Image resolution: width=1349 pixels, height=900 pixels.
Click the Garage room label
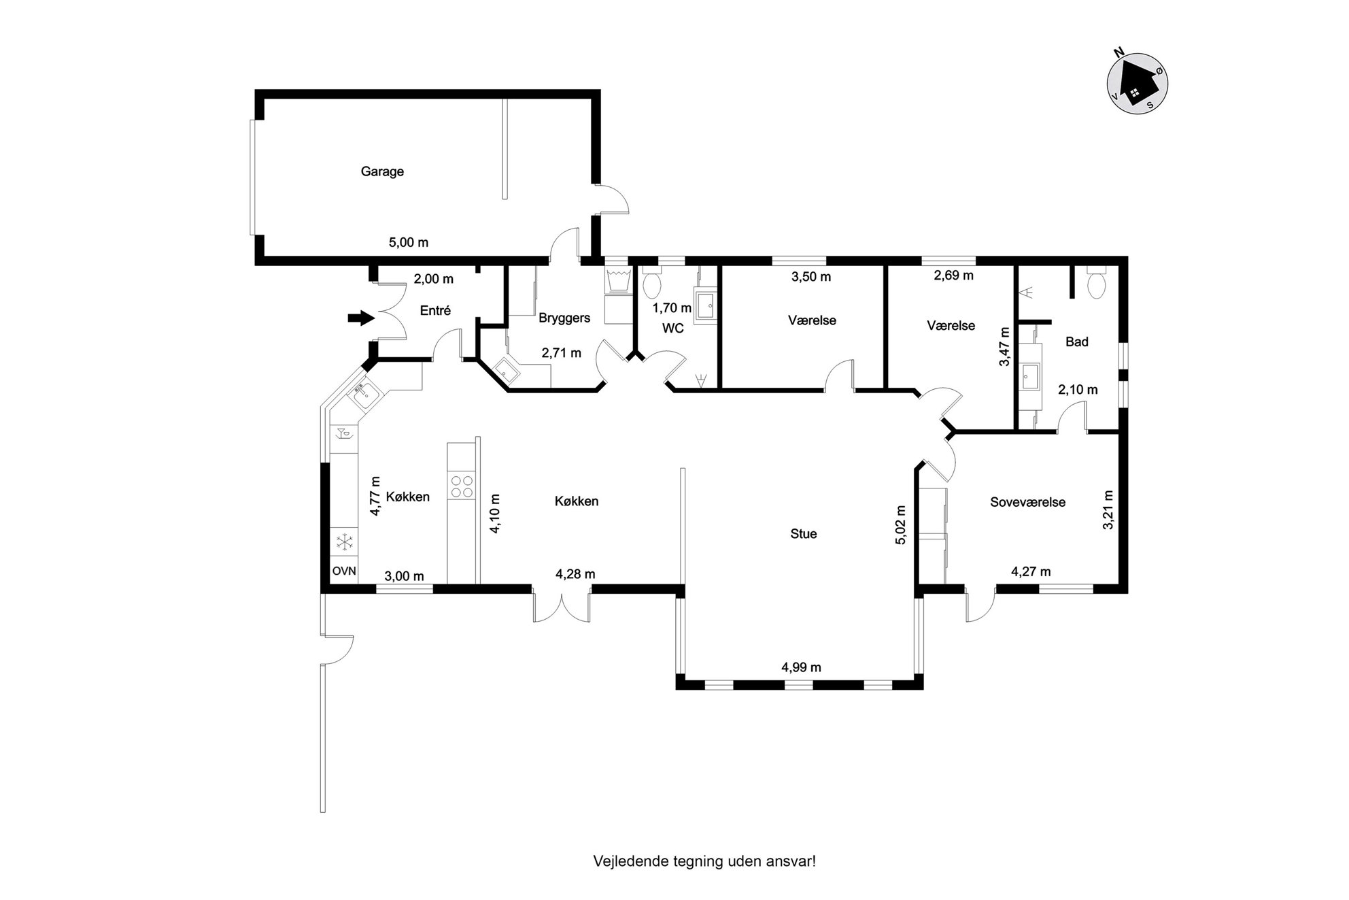382,171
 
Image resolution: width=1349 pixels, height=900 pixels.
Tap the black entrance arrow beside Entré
361,317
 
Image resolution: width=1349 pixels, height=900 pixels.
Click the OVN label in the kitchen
344,571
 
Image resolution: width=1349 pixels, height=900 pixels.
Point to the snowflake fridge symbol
345,542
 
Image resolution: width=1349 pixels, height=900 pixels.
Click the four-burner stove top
462,486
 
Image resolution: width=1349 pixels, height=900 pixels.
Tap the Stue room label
803,534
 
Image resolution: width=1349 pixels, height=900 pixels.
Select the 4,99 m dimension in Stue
802,667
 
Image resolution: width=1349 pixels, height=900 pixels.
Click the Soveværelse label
1027,503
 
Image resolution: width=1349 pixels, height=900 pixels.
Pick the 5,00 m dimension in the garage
409,242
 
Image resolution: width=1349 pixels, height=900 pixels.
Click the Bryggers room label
564,318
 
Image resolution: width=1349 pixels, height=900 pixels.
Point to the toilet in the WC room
651,285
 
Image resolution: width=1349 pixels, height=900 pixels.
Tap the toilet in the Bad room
1096,286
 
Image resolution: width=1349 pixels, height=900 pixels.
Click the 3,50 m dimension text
811,277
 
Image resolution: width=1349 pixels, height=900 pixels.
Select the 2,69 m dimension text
953,276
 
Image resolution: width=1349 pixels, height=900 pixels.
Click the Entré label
435,311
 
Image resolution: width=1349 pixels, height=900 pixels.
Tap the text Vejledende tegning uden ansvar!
704,861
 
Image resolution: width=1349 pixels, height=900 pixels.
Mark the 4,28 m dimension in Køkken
575,574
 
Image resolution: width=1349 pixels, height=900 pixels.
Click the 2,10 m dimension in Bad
1078,390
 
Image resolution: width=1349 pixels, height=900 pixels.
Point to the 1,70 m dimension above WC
672,308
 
